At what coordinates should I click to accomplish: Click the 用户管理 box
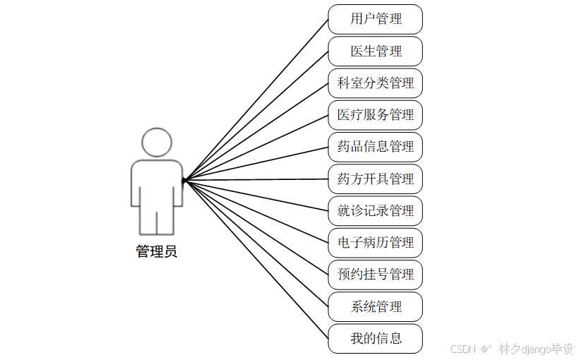point(375,19)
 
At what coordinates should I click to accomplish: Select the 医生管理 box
point(375,52)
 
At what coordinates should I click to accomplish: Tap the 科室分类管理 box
point(375,83)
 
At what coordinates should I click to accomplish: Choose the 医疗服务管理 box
point(375,115)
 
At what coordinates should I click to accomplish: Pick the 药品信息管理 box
point(375,147)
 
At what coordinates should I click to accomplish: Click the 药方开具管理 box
point(375,179)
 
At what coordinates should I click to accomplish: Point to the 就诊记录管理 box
point(375,210)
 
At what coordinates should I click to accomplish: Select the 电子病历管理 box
point(375,242)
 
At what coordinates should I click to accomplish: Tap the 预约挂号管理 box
point(375,274)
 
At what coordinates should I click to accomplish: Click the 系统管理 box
point(375,306)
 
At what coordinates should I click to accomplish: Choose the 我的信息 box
point(375,338)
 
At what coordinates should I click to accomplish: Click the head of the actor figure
point(156,142)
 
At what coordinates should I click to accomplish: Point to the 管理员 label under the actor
point(156,251)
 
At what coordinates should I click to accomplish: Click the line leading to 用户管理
point(256,100)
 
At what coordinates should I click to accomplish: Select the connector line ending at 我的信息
point(256,259)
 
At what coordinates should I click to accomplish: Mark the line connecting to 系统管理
point(256,243)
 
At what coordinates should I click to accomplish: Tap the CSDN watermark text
point(462,349)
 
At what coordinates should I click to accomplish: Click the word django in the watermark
point(532,349)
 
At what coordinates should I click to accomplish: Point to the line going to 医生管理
point(256,116)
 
